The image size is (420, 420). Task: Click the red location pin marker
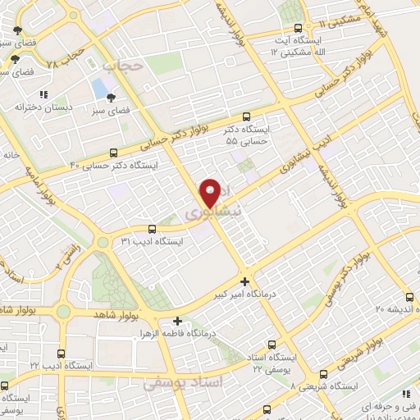211,191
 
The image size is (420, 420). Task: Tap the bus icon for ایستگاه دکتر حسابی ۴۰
113,153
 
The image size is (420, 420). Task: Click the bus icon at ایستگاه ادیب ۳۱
152,229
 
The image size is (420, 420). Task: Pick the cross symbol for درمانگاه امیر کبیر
244,281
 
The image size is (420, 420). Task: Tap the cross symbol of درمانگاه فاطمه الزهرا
177,321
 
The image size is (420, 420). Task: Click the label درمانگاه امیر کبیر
244,294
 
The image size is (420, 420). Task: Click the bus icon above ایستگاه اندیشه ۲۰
409,297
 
